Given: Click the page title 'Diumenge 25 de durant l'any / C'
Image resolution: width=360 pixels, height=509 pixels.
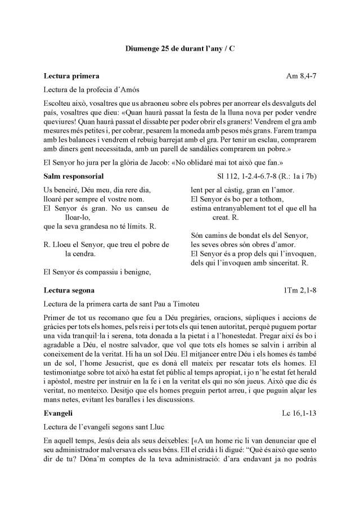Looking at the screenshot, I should [x=180, y=49].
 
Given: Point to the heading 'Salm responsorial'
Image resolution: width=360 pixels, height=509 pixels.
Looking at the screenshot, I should [x=74, y=176].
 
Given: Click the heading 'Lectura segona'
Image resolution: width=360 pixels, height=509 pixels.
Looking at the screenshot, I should [x=69, y=290].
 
